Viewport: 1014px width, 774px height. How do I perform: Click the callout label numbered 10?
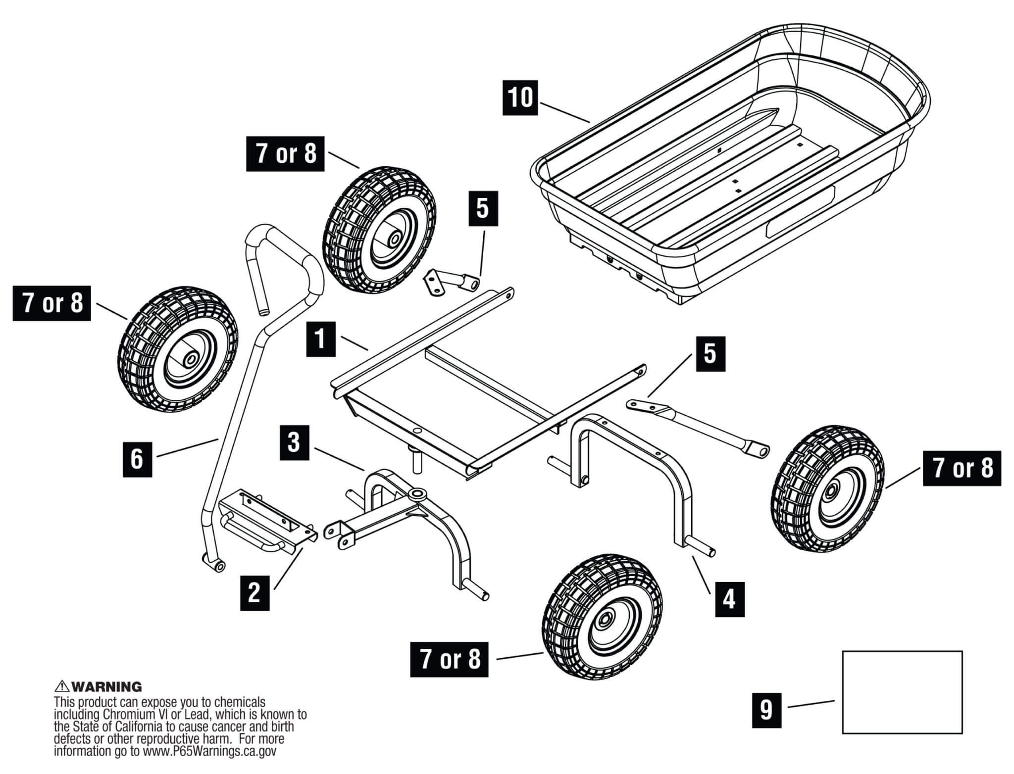click(520, 97)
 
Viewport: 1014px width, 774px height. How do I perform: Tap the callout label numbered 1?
click(321, 339)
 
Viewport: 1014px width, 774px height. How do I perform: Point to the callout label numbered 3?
click(294, 442)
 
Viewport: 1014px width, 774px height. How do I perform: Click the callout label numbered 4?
click(730, 599)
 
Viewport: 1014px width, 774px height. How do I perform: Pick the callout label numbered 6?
click(137, 459)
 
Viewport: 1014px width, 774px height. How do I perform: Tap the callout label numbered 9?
click(766, 710)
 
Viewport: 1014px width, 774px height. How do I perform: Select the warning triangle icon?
click(62, 686)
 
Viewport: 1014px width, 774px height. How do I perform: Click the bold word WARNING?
click(107, 687)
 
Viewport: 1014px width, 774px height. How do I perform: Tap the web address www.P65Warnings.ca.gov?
click(208, 751)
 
